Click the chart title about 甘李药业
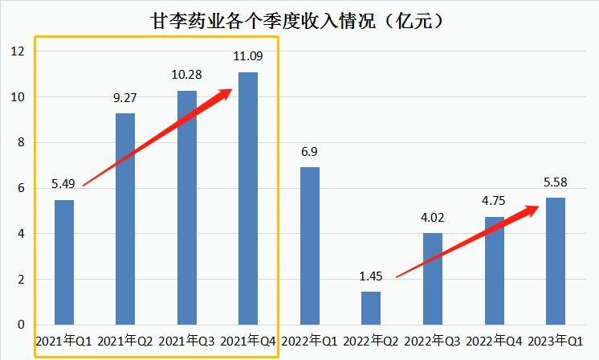point(298,21)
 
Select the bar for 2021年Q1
point(64,262)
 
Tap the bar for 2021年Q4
point(248,198)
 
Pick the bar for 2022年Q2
point(371,309)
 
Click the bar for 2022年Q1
point(310,246)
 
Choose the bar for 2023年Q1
point(556,261)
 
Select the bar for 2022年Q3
point(433,279)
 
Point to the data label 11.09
point(248,57)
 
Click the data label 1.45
point(371,276)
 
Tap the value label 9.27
point(125,99)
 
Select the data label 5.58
point(556,182)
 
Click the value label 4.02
point(433,218)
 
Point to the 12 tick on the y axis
point(18,51)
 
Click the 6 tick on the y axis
point(21,188)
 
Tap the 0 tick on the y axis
point(21,325)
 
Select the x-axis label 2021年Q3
point(187,342)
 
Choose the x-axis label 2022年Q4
point(494,342)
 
